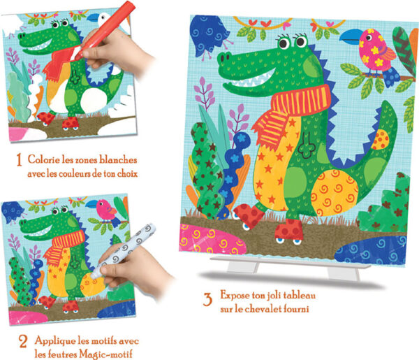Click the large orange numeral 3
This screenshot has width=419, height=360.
coord(207,299)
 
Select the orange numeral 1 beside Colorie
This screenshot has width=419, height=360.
coord(19,159)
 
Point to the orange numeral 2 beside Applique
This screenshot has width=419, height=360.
coord(23,342)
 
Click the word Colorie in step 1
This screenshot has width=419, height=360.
coord(44,159)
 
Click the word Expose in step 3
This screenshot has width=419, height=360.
coord(235,295)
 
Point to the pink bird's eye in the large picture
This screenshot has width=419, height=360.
coord(369,37)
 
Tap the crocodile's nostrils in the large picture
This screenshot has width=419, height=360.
coord(225,57)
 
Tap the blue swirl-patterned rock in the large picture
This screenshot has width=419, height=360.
coord(371,250)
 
